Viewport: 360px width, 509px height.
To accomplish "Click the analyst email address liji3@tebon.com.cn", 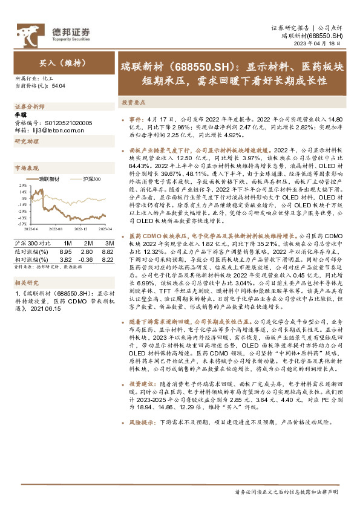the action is point(56,129).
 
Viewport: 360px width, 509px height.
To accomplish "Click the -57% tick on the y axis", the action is point(22,224).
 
